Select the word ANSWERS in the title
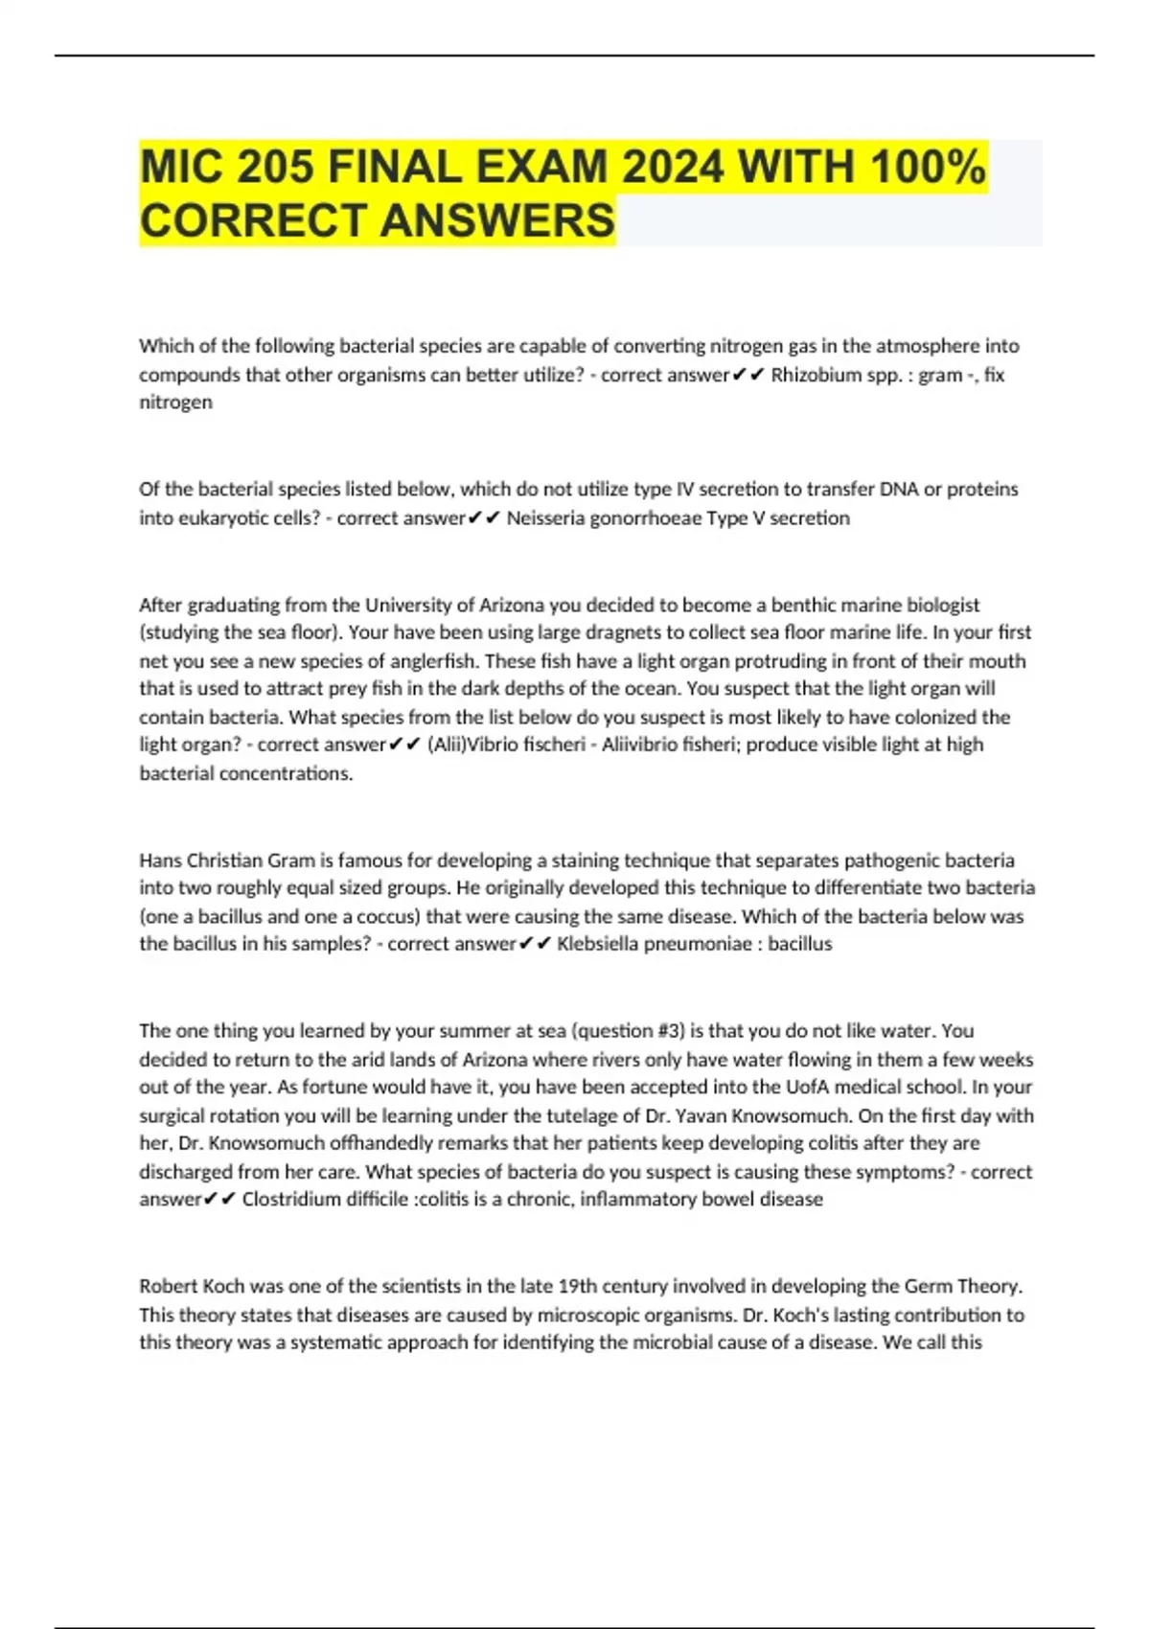(497, 220)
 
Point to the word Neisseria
(543, 518)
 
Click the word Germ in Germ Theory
(926, 1286)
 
